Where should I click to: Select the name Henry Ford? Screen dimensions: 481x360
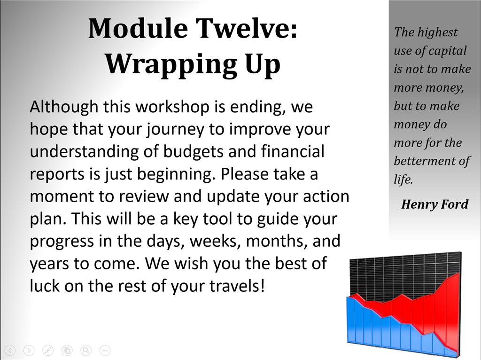tap(434, 204)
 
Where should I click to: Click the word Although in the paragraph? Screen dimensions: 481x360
tap(64, 107)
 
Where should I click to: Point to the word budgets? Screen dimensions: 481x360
tap(193, 151)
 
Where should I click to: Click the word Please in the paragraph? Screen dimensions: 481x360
tap(245, 174)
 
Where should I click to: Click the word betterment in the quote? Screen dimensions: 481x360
tap(425, 161)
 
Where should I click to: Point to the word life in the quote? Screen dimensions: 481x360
tap(403, 179)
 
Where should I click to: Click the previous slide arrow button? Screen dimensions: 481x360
tap(10, 350)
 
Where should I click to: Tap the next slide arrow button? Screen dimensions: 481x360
tap(29, 350)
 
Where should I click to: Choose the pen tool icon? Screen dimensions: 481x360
tap(48, 350)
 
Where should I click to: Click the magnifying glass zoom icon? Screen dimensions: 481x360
tap(86, 350)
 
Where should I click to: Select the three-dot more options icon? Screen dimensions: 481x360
tap(105, 350)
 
